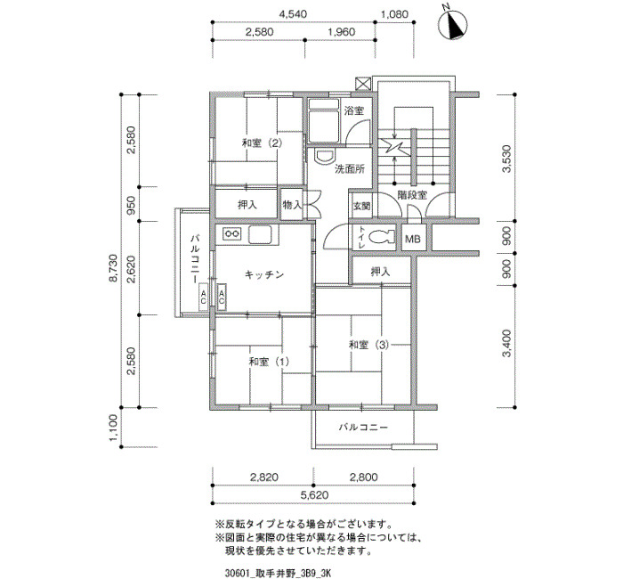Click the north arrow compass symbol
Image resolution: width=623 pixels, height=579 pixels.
(x=453, y=25)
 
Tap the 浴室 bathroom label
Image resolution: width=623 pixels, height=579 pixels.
(x=354, y=110)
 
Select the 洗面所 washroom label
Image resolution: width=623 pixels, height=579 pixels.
(x=350, y=169)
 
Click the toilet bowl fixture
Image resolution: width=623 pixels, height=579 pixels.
(x=382, y=238)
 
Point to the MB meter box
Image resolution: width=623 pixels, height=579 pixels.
(x=413, y=238)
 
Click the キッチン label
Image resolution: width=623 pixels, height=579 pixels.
(x=263, y=274)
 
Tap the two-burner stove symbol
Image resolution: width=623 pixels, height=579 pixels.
(x=232, y=233)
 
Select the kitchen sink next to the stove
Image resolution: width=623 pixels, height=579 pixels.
(x=260, y=234)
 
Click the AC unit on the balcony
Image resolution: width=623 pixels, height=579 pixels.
(x=203, y=297)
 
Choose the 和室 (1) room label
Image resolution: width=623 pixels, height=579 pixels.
(x=269, y=362)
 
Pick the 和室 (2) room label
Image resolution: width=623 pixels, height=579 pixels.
(x=263, y=143)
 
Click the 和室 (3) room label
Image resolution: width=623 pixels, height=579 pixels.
(x=368, y=345)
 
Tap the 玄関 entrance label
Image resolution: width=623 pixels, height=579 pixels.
(x=362, y=206)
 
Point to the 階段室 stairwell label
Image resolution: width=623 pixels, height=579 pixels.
(x=412, y=195)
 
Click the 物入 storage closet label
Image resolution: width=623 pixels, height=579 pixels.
(x=292, y=205)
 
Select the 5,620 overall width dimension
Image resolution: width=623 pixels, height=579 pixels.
(x=315, y=495)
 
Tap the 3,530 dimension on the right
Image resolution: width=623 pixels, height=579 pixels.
(x=506, y=159)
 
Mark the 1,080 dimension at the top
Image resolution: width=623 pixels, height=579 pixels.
(x=394, y=15)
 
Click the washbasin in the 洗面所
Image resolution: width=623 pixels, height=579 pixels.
(x=324, y=156)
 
